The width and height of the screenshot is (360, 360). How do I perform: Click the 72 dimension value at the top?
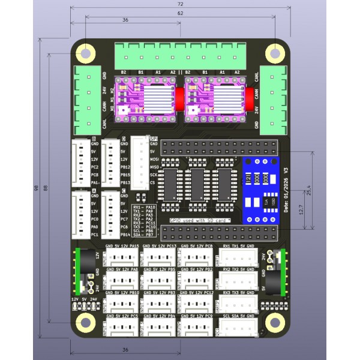click(180, 4)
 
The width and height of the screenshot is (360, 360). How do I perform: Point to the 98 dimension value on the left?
click(37, 188)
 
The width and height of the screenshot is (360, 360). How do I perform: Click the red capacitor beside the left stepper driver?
click(179, 98)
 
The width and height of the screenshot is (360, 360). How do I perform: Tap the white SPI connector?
click(140, 162)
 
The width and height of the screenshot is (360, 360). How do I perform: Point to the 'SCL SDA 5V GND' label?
click(238, 315)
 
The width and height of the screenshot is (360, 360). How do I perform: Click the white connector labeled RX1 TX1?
click(238, 257)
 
